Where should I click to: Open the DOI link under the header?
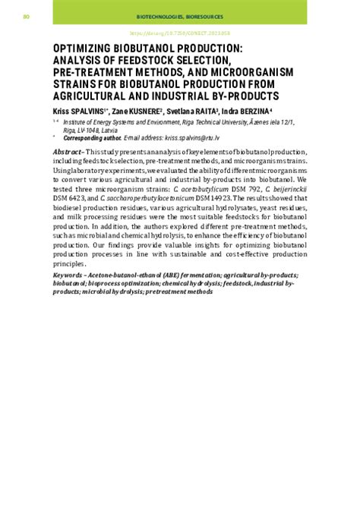pos(180,33)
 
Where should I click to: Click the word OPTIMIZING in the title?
pos(89,47)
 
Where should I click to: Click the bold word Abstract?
pos(67,154)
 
